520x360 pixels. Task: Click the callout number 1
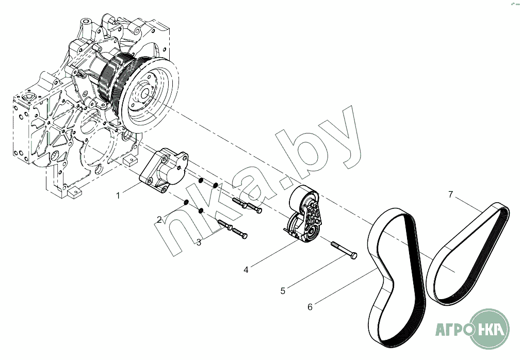click(118, 195)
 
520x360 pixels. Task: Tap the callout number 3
click(199, 242)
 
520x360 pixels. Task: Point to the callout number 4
click(246, 269)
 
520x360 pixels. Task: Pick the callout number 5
click(283, 291)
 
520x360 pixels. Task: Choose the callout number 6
click(310, 307)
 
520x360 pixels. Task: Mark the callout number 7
click(450, 194)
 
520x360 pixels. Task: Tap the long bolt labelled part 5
click(343, 249)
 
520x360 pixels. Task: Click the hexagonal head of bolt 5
click(354, 255)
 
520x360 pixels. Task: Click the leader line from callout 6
click(344, 287)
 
